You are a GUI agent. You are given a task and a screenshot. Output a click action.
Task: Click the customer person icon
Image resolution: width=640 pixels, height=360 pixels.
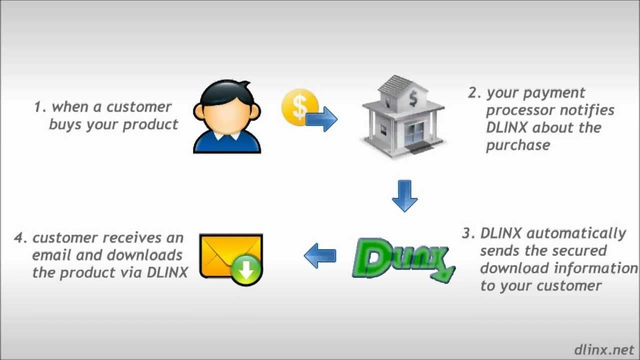click(x=227, y=117)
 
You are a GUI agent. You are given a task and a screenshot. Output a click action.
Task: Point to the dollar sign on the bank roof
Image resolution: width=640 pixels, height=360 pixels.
click(x=413, y=99)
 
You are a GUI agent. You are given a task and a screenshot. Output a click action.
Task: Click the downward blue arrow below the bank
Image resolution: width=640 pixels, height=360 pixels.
click(x=404, y=196)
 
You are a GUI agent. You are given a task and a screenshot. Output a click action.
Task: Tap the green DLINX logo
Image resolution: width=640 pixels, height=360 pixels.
click(x=403, y=258)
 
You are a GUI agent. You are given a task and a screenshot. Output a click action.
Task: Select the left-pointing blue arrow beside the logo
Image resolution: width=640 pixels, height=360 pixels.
click(x=320, y=256)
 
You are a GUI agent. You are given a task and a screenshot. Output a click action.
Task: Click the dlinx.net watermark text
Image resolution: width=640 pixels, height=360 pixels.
click(x=604, y=349)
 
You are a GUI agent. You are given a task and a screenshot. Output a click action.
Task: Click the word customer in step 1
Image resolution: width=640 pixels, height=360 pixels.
click(x=139, y=107)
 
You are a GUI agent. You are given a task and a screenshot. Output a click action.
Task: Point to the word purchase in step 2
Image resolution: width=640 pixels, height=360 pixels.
click(x=517, y=145)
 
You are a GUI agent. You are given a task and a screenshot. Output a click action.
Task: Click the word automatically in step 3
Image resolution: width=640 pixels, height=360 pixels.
click(x=576, y=233)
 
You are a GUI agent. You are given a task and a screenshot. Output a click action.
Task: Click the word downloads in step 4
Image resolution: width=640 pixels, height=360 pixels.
click(x=145, y=255)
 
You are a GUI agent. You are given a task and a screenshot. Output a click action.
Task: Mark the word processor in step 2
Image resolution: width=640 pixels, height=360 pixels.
click(x=517, y=110)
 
